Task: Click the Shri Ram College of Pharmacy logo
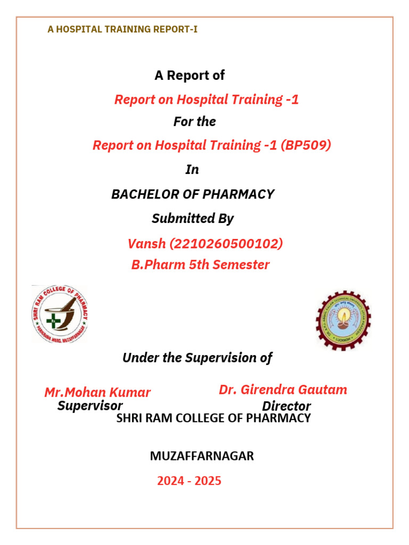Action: coord(60,313)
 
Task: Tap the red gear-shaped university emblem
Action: coord(343,320)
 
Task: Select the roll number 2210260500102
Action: coord(226,244)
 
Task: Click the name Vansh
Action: coord(146,244)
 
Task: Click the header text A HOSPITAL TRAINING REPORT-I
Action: coord(122,29)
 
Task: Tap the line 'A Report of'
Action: coord(190,76)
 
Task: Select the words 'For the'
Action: coord(194,122)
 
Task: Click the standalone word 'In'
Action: coord(192,170)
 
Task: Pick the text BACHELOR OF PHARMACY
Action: coord(192,194)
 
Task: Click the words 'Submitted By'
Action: coord(193,219)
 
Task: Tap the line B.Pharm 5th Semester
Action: coord(200,265)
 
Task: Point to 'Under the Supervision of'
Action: coord(197,358)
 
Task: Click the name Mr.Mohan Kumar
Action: coord(97,393)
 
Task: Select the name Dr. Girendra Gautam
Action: coord(283,390)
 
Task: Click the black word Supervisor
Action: coord(90,406)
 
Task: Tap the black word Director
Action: coord(287,406)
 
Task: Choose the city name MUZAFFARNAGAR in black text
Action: coord(202,456)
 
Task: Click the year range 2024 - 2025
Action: coord(189,481)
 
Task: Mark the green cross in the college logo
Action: coord(53,320)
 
